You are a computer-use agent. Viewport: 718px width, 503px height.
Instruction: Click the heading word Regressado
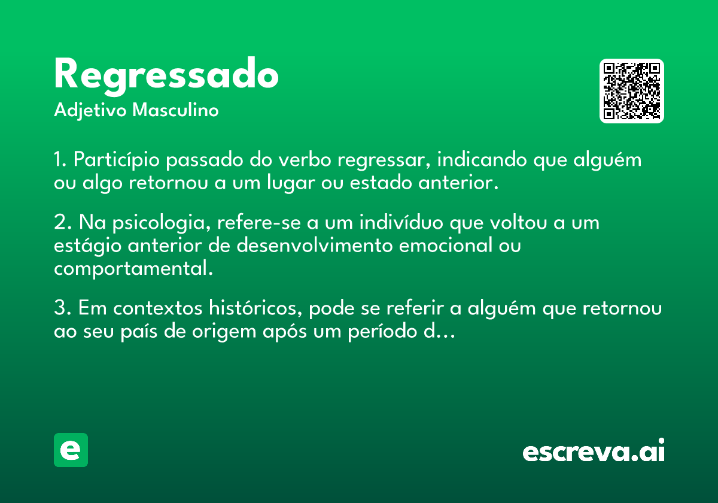166,76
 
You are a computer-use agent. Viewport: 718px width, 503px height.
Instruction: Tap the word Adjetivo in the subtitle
90,111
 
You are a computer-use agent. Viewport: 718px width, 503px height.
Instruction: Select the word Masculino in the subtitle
175,110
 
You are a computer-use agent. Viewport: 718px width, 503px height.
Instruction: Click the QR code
631,91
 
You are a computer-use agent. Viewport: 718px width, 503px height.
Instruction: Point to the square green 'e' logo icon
71,450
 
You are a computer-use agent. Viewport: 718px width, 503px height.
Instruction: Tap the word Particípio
116,160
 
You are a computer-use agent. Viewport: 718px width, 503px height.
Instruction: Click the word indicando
482,159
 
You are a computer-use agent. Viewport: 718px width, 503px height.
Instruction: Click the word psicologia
162,223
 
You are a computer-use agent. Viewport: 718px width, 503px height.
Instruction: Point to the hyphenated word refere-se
259,222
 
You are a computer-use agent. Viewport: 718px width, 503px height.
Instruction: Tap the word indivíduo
401,222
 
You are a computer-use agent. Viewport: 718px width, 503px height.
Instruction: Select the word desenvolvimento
315,245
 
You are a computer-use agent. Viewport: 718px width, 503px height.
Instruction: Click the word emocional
446,245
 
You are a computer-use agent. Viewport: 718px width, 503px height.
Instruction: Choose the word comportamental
133,269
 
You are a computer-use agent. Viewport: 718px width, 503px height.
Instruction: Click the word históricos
255,308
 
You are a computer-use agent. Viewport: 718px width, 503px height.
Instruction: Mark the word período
382,332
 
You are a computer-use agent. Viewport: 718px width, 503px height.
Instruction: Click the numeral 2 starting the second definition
60,222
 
